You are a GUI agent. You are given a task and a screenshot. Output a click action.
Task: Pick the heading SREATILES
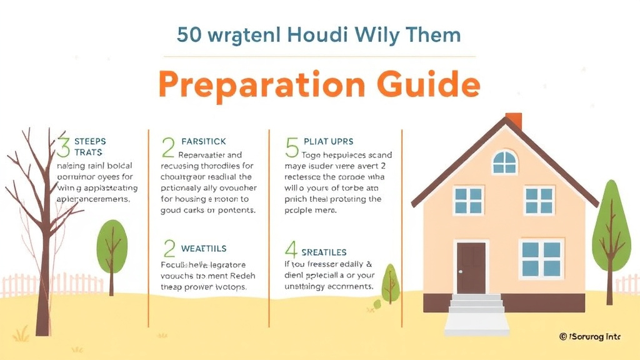[x=324, y=252]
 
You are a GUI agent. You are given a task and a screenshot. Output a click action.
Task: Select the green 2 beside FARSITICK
[x=167, y=148]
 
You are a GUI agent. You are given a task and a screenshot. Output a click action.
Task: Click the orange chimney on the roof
[x=514, y=120]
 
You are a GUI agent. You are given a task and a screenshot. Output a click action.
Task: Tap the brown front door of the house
[x=471, y=267]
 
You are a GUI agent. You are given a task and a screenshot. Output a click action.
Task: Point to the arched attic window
[x=504, y=162]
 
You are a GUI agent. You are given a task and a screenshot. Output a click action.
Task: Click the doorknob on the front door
[x=461, y=272]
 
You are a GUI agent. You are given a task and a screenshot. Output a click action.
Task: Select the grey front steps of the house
[x=477, y=306]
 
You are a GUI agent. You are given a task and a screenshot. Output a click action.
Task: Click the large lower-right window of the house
[x=541, y=259]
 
